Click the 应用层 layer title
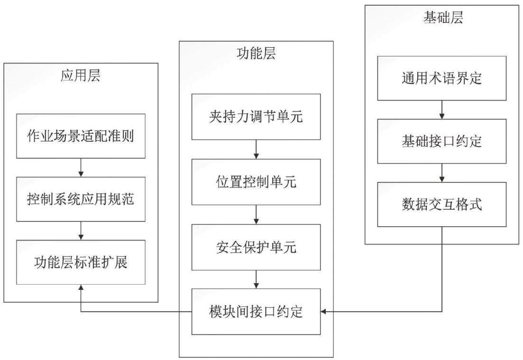point(81,75)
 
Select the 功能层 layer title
point(256,54)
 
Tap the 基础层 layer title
point(443,18)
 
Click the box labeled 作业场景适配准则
point(81,136)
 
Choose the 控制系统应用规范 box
point(81,199)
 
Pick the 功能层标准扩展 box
point(81,262)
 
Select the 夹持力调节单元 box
point(256,117)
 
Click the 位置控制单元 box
point(256,182)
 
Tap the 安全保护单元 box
point(256,247)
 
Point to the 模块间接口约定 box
point(256,312)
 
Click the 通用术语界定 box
point(442,78)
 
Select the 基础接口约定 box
point(442,141)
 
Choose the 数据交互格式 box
point(442,204)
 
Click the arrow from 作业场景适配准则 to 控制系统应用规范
point(81,167)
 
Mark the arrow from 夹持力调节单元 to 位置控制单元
point(256,149)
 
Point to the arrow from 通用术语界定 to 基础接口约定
point(442,110)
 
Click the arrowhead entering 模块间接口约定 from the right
point(323,312)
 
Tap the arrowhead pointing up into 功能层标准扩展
point(81,287)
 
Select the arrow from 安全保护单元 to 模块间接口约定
point(256,279)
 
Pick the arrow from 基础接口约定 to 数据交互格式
point(442,173)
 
